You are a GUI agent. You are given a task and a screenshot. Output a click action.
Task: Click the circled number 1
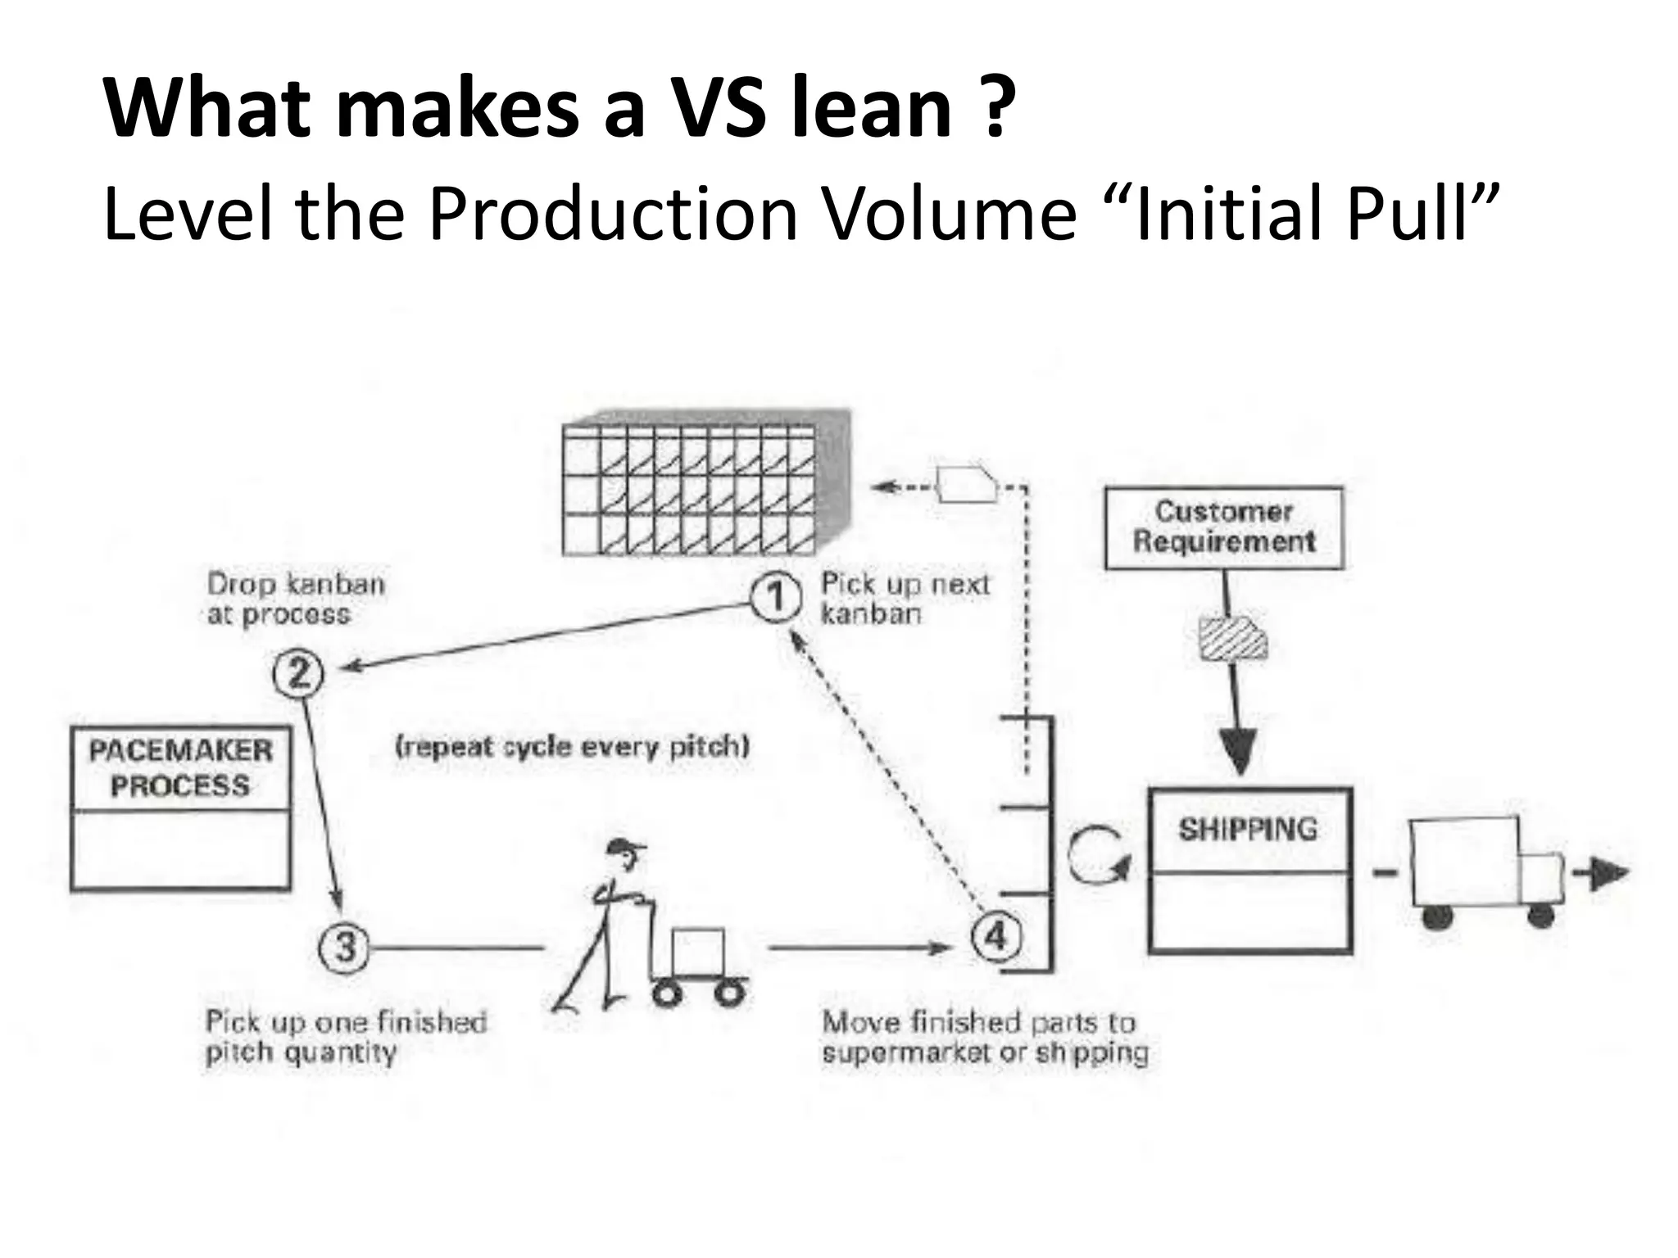click(x=775, y=598)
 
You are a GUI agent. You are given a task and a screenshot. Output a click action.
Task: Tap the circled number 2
click(x=298, y=673)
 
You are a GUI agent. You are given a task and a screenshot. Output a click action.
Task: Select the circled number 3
click(x=344, y=948)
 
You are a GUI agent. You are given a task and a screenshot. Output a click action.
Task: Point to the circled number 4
click(x=995, y=935)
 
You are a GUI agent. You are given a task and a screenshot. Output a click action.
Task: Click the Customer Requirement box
click(x=1224, y=527)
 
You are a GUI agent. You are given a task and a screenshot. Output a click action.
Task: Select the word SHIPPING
click(x=1248, y=830)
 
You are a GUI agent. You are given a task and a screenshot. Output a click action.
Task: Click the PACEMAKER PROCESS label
click(x=180, y=768)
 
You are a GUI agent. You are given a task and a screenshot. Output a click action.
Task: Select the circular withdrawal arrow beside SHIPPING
click(x=1099, y=856)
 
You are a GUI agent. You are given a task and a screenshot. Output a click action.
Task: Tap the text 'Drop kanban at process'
click(x=296, y=599)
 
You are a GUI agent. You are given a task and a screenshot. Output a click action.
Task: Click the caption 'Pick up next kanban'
click(x=905, y=599)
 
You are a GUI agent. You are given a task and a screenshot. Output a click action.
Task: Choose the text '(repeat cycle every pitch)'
click(x=572, y=747)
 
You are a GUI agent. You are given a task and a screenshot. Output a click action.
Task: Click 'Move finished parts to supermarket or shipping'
click(x=984, y=1037)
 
